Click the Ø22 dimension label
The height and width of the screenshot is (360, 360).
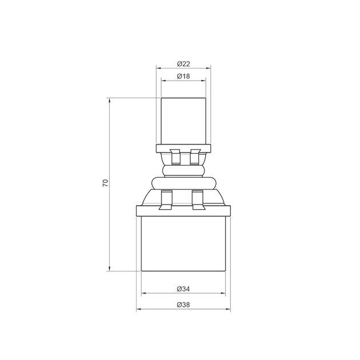(183, 63)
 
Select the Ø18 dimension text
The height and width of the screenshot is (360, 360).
(183, 76)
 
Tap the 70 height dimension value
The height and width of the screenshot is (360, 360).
(105, 183)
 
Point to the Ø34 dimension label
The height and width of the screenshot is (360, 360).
(183, 289)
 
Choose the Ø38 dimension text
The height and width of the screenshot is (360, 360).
(183, 305)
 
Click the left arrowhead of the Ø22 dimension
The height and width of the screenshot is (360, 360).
(158, 68)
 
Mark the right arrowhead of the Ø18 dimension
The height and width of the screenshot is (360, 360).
(204, 81)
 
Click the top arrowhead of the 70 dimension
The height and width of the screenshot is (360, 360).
(110, 100)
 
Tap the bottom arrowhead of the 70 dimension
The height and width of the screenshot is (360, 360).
(110, 269)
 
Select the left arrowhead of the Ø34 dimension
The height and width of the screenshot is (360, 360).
(143, 293)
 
